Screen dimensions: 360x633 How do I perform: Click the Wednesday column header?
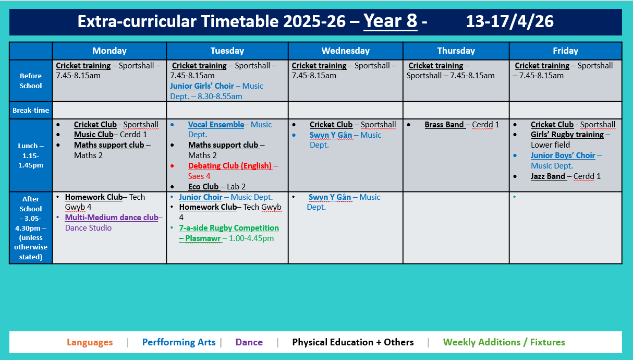(x=345, y=51)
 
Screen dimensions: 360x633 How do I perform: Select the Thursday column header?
(x=456, y=51)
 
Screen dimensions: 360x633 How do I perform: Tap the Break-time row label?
(x=31, y=110)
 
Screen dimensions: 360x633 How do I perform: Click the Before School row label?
(x=31, y=81)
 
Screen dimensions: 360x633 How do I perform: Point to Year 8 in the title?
(x=391, y=21)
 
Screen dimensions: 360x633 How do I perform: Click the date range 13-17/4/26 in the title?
(x=509, y=21)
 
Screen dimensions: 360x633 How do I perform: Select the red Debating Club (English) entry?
(x=230, y=166)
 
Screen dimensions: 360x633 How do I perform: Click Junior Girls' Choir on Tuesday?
(x=202, y=86)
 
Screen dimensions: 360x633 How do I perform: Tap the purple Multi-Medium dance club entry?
(x=112, y=218)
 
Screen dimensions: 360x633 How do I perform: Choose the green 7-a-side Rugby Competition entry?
(x=229, y=228)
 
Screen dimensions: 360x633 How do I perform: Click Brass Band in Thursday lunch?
(x=444, y=125)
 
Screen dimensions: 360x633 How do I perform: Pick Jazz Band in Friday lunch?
(x=548, y=176)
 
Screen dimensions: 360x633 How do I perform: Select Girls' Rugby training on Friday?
(x=567, y=135)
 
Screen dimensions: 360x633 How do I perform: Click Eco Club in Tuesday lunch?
(x=203, y=187)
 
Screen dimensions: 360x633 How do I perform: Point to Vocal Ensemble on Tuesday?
(x=216, y=125)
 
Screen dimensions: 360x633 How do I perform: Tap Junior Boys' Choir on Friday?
(x=563, y=155)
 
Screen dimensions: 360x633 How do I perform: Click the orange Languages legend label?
(x=90, y=342)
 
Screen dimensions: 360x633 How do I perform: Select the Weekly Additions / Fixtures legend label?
(x=504, y=342)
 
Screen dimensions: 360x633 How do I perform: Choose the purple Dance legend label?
(x=249, y=342)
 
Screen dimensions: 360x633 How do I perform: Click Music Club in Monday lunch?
(x=93, y=135)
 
